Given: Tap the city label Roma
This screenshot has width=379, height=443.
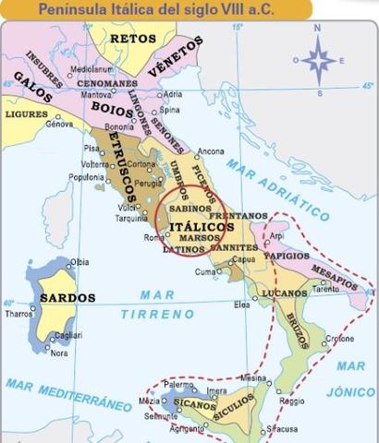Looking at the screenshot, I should tap(154, 238).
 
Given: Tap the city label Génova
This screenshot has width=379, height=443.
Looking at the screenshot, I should tap(59, 124).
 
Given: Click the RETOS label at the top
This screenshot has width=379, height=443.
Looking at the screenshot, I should tap(132, 39).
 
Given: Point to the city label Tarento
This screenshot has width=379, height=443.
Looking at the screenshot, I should tap(325, 288).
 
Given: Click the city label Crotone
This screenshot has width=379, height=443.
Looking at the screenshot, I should tap(339, 339).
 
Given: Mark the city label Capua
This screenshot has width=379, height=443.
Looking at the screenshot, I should tap(243, 259).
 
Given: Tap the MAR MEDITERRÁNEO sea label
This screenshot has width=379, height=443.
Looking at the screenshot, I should tap(68, 394).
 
